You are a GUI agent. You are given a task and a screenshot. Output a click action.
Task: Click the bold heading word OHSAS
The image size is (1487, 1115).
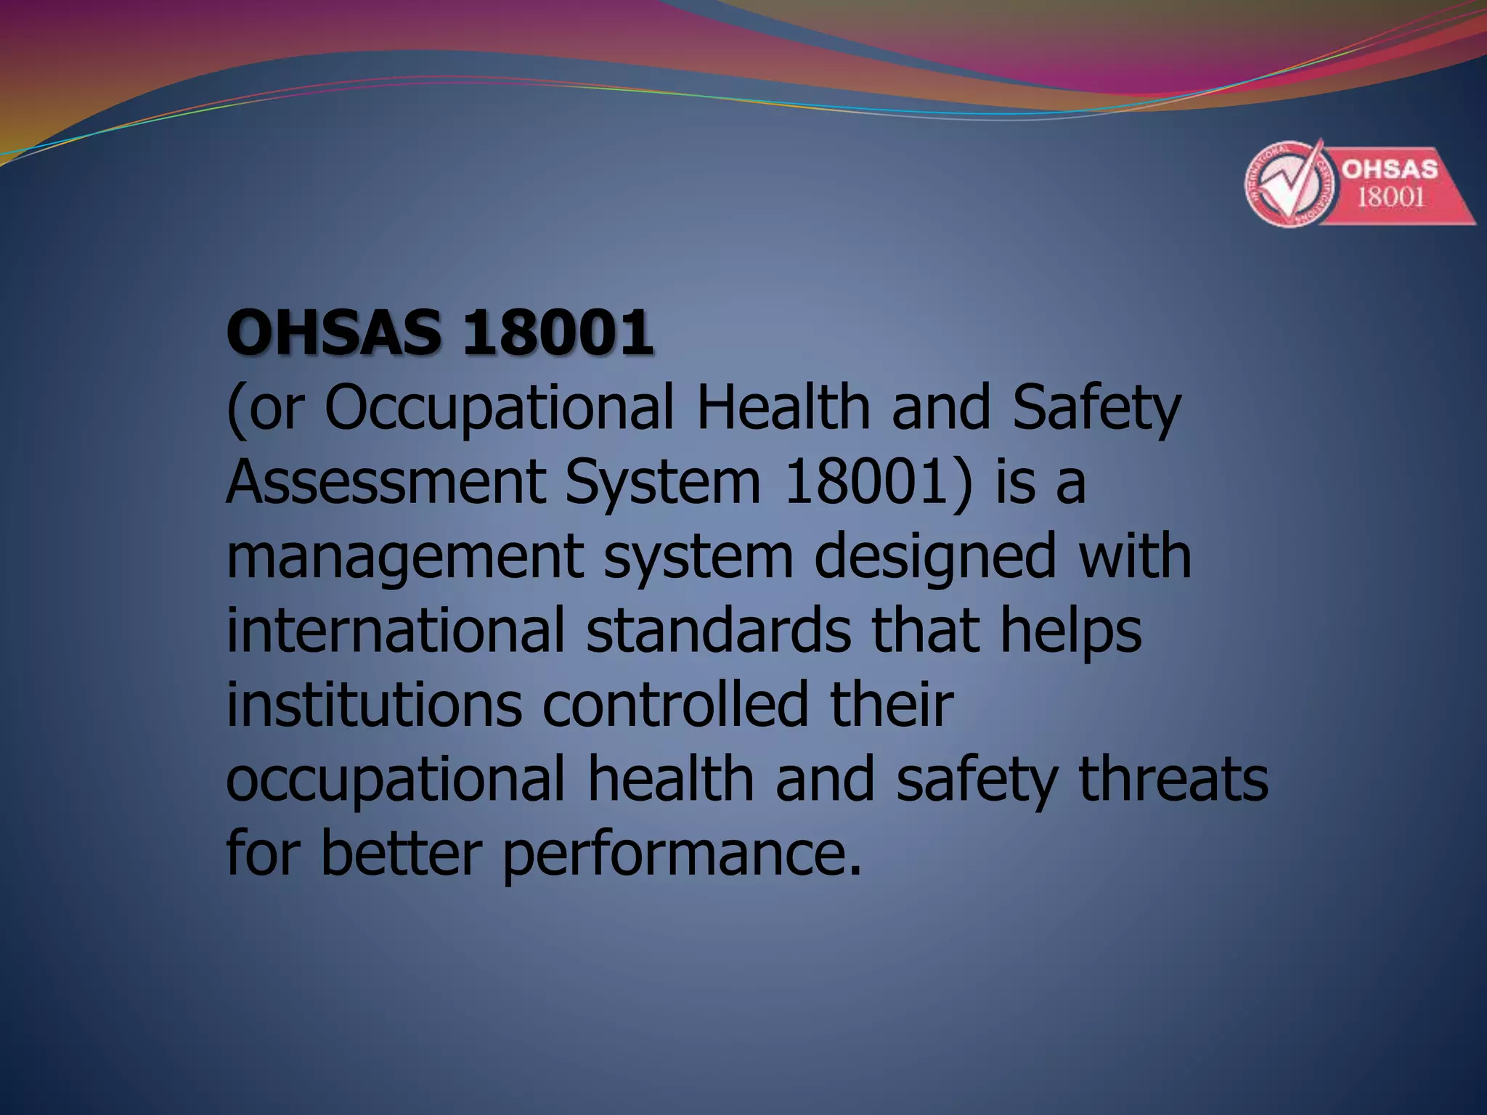[333, 332]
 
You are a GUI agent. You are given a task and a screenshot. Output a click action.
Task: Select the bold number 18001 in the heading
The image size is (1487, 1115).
[558, 332]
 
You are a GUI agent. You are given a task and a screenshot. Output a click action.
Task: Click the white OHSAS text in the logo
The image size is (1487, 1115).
[1389, 170]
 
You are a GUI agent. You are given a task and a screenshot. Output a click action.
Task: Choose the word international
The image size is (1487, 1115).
[395, 630]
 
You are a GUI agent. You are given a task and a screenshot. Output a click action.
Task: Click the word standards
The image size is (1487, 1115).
[718, 630]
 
